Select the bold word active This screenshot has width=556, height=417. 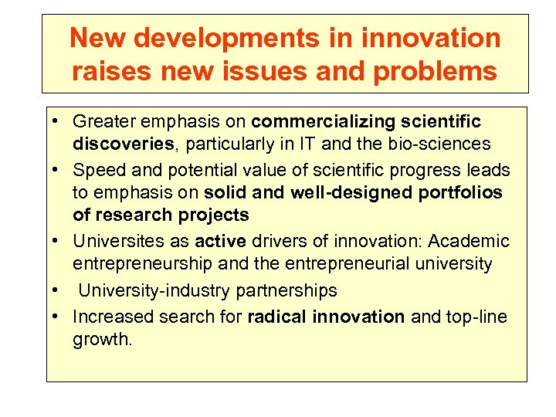click(219, 242)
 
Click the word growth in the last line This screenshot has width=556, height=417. click(100, 338)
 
